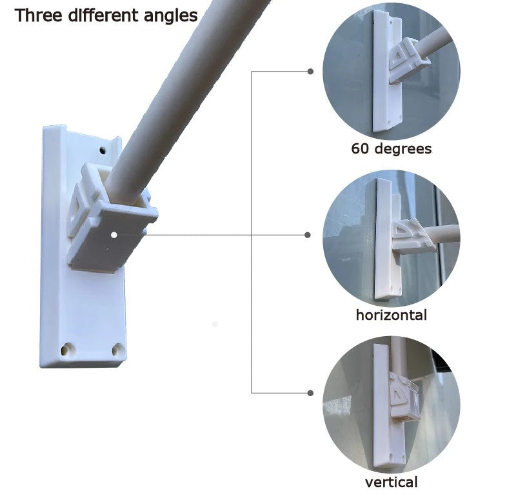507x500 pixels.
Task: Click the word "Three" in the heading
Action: (38, 15)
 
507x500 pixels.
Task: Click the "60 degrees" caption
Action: (392, 149)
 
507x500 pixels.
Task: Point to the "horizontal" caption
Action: (392, 315)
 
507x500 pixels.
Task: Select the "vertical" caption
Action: (392, 482)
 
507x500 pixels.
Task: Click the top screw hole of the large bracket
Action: (103, 150)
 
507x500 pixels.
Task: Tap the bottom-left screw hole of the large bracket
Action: (68, 350)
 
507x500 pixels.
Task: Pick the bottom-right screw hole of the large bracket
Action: (118, 350)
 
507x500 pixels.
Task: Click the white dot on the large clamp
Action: (114, 235)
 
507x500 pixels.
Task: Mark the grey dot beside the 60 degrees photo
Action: (310, 72)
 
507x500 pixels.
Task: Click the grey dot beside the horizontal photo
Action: (308, 235)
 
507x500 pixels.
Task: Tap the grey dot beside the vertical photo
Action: (310, 393)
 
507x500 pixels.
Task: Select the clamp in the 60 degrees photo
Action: (408, 61)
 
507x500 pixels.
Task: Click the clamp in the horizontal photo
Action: (412, 236)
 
